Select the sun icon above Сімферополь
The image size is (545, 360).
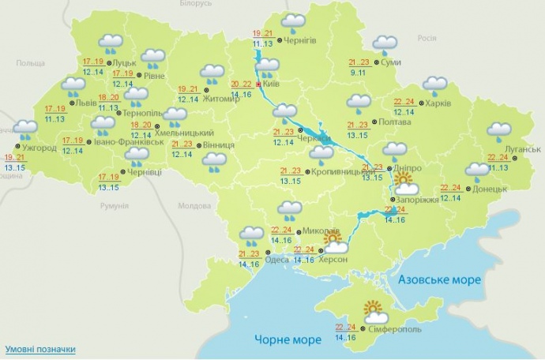click(371, 310)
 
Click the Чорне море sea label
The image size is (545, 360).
click(288, 339)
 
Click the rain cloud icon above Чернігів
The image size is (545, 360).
click(294, 23)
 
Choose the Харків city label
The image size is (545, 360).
click(441, 103)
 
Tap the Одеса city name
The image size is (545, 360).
click(278, 256)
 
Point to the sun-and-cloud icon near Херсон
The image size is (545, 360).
click(334, 242)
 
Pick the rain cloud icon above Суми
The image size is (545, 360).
click(385, 45)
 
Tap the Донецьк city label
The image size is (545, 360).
click(491, 189)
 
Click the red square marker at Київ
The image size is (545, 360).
click(259, 83)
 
